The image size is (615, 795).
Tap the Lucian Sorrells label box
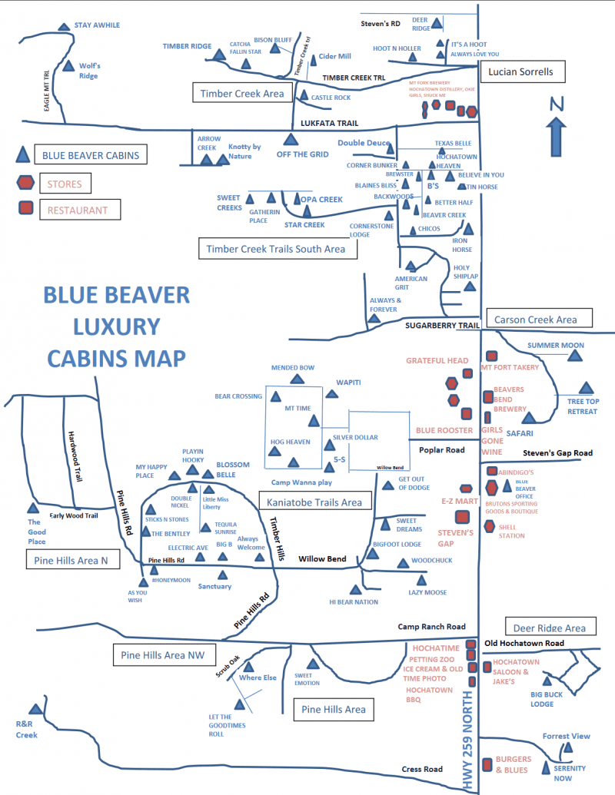tap(522, 72)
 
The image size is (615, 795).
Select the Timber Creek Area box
tap(242, 94)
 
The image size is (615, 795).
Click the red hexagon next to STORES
tap(25, 183)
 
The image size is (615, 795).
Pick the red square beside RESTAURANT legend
tap(25, 208)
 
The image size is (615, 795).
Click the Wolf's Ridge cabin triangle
tap(70, 67)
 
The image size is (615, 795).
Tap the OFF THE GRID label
tap(302, 154)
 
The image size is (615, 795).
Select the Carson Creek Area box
tap(540, 319)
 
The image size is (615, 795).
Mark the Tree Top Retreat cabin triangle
tap(587, 389)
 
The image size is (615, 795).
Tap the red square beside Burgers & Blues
tap(487, 764)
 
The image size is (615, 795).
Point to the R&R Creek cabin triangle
tap(34, 711)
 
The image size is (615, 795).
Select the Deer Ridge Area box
tap(550, 628)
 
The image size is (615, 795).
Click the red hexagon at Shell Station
tap(489, 526)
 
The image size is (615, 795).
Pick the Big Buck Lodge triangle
tap(547, 680)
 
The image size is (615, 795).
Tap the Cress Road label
tap(422, 769)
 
